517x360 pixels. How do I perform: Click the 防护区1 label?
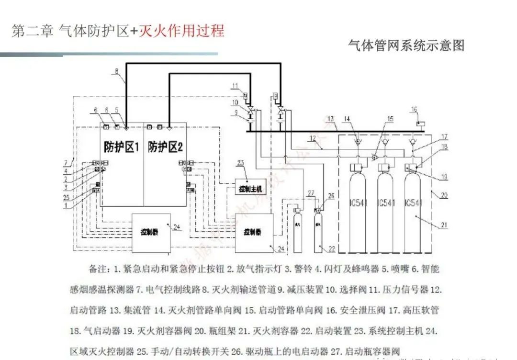(x=121, y=147)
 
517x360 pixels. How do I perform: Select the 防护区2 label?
(x=165, y=147)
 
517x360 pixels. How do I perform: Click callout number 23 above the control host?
(x=241, y=163)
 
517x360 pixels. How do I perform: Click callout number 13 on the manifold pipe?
(x=331, y=119)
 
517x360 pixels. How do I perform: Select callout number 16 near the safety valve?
(x=414, y=110)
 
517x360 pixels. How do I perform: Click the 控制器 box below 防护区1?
(x=151, y=233)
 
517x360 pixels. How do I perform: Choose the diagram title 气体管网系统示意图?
(x=406, y=45)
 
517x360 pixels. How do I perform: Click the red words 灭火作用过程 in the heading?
(x=181, y=31)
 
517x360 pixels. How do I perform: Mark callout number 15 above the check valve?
(x=390, y=119)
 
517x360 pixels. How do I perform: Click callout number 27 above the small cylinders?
(x=311, y=193)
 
